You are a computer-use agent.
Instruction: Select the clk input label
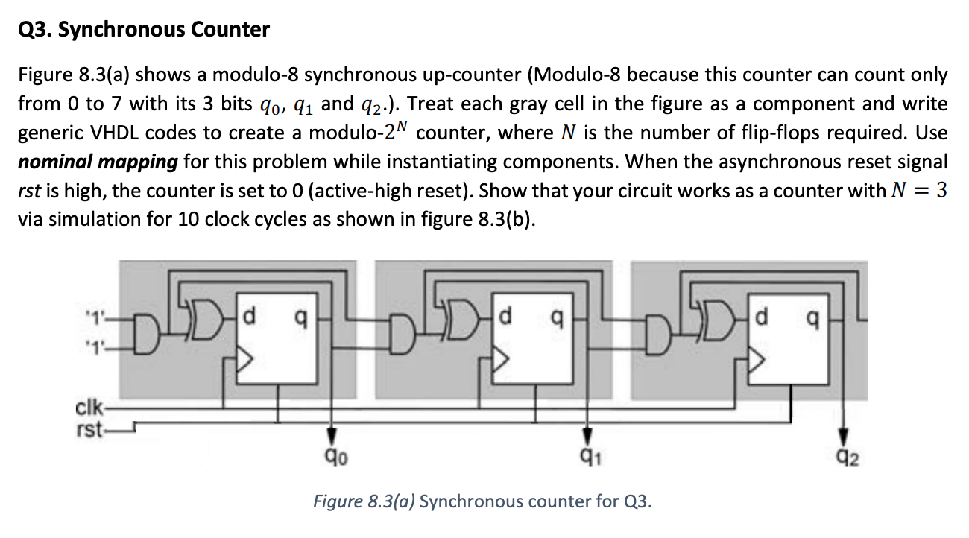[x=87, y=409]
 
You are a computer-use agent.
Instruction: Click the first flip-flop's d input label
[x=250, y=317]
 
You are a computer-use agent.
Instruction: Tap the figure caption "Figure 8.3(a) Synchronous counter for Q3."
[x=482, y=501]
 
